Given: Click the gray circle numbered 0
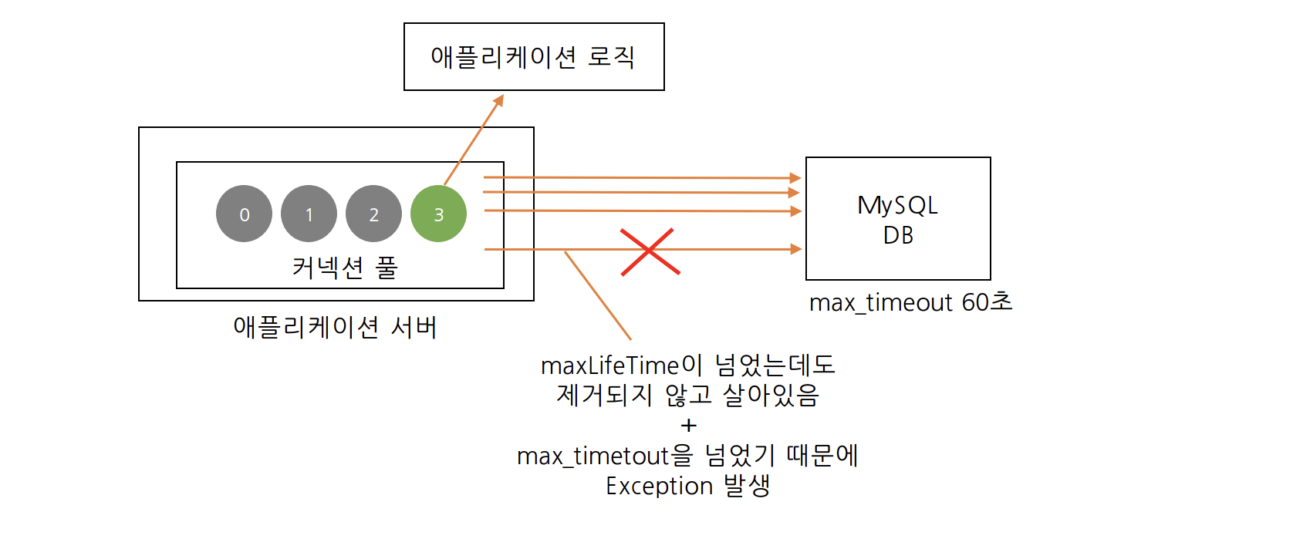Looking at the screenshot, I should click(244, 214).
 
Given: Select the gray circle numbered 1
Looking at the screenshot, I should click(309, 214).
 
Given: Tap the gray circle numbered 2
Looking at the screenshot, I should click(373, 214).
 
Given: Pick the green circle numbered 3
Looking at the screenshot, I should click(438, 214).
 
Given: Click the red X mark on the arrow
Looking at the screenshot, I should click(650, 251).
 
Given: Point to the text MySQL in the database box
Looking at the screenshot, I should click(897, 205).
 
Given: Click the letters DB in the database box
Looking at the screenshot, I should click(898, 235).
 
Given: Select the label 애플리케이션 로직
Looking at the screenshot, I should click(533, 57).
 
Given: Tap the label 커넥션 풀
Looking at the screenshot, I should click(344, 268).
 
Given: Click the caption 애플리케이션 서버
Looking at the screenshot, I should click(335, 327).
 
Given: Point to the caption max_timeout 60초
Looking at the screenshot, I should click(910, 302).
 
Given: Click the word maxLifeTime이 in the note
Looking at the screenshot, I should click(622, 365).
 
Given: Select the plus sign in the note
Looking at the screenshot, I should click(689, 426).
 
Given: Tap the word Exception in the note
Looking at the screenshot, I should click(659, 487).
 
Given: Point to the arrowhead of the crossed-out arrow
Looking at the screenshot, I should click(796, 249).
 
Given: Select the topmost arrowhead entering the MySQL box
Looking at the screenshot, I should click(795, 178).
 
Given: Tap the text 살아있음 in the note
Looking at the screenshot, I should click(771, 396).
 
